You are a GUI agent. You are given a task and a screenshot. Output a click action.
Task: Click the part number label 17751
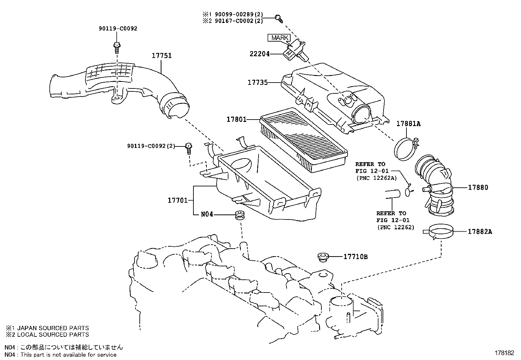coord(162,56)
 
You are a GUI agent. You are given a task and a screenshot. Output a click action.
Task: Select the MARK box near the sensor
coord(279,38)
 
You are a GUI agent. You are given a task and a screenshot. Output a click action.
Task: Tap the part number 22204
coord(260,54)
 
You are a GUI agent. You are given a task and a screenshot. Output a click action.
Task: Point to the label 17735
coord(258,83)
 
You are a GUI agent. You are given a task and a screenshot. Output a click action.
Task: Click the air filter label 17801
coord(237,120)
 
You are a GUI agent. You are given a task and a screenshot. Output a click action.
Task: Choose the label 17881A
coord(408,123)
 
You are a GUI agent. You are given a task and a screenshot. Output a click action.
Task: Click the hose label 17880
coord(478,187)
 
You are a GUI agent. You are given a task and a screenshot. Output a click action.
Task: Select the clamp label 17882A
coord(480,232)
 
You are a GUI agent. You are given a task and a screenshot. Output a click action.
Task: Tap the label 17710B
coord(356,256)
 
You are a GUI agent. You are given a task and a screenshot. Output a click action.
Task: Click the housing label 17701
coord(178,200)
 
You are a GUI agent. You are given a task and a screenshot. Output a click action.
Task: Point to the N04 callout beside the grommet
coord(207,214)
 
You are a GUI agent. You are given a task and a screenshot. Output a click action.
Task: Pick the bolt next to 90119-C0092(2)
coord(189,149)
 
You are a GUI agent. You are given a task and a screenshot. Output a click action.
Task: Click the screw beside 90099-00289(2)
coord(278,19)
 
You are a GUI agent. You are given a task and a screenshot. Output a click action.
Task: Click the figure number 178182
coord(504,353)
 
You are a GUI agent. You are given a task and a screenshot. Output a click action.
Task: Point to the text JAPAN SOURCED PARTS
coord(53,328)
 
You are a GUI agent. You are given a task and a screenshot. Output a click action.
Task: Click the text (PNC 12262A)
coord(377,178)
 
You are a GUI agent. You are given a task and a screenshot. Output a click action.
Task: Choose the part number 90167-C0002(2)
coord(239,21)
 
